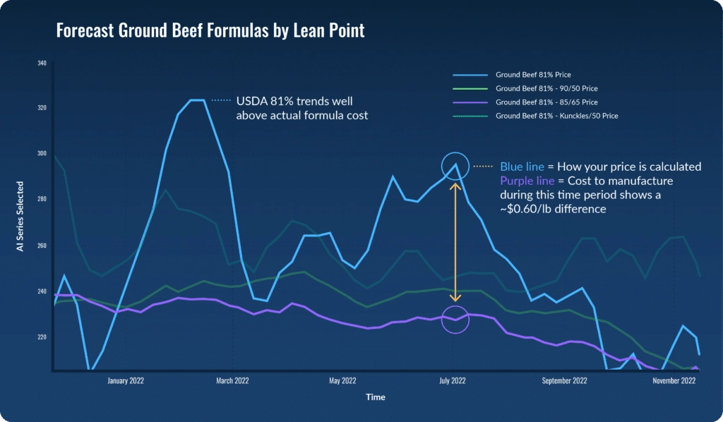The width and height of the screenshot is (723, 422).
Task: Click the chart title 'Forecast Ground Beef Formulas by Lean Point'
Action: (x=210, y=31)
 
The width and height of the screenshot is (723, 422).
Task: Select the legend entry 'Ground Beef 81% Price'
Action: (x=533, y=75)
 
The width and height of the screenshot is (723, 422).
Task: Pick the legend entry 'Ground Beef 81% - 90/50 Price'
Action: (x=548, y=88)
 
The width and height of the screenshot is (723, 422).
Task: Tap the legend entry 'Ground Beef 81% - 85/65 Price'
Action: (x=548, y=102)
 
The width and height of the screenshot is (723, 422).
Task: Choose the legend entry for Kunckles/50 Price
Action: (x=557, y=115)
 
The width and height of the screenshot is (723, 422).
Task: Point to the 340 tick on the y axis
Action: (x=42, y=64)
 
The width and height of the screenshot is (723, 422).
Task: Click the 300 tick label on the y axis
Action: (x=42, y=154)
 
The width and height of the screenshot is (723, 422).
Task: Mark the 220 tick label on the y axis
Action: (x=42, y=337)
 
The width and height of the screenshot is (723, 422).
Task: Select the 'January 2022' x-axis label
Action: (x=126, y=381)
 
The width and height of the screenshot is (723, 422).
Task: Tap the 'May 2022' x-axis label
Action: (x=343, y=381)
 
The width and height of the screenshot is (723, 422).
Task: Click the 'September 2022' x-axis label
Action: (x=565, y=381)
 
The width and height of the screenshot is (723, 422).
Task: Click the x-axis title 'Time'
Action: (x=376, y=397)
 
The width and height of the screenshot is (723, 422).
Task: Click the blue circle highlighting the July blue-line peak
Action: (x=455, y=166)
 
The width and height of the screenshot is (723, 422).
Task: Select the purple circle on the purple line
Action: (x=455, y=320)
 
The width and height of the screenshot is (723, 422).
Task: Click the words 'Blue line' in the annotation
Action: (x=522, y=167)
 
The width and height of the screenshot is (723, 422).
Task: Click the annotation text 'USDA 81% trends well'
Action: (x=294, y=101)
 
